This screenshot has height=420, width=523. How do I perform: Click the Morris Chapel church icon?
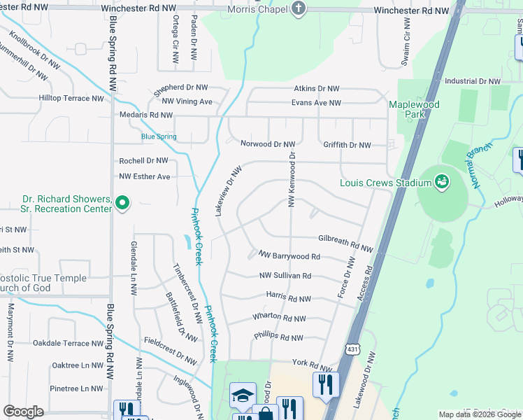pos(299,9)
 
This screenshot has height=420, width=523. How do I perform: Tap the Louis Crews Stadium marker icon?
pos(442,183)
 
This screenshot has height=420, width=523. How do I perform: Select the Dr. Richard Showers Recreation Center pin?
pos(122,204)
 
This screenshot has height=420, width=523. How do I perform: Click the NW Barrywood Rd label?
pos(289,256)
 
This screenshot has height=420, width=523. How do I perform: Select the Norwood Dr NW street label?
pos(268,144)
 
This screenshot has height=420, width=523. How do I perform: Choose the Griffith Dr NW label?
pos(347,145)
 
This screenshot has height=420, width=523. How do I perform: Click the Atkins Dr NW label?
pos(316,89)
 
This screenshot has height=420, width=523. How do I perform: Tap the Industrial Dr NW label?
pos(473,81)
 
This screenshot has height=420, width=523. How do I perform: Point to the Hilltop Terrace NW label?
pos(71,98)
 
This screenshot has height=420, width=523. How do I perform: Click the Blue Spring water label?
pos(158,137)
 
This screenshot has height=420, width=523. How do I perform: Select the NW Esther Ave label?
pos(145,176)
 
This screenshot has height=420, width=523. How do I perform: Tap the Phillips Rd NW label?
pos(278,337)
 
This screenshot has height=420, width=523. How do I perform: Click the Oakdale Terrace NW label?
pos(71,343)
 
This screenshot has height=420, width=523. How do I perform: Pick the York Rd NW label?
pos(311,365)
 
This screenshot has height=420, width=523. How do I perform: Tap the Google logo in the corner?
pos(23,412)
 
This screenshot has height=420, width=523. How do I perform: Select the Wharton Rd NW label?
pos(280,318)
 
